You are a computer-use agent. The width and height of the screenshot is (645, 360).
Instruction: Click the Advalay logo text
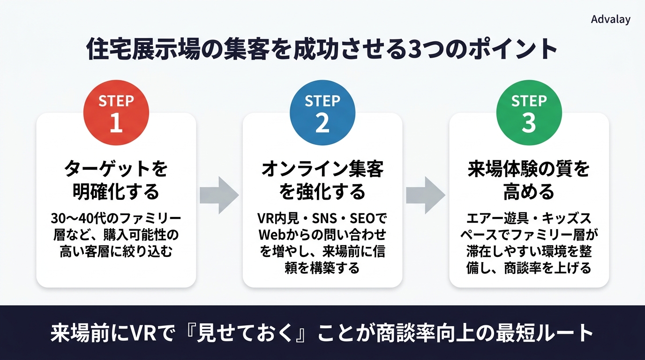click(x=611, y=20)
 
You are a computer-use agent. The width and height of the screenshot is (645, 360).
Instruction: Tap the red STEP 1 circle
click(x=116, y=112)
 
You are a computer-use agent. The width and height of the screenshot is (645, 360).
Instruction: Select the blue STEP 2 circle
click(x=322, y=112)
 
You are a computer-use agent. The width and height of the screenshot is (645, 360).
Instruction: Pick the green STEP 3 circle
click(x=529, y=112)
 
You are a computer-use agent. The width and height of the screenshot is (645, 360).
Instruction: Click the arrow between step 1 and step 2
click(x=219, y=195)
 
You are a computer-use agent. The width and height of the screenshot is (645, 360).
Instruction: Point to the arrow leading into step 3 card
click(x=426, y=195)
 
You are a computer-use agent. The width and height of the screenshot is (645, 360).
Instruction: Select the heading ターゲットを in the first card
click(x=116, y=169)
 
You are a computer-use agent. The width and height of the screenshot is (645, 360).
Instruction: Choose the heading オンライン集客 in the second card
click(x=322, y=169)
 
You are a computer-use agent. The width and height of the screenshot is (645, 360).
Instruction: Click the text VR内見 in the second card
click(x=278, y=218)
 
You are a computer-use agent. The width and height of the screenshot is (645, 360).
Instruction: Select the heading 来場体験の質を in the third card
click(x=529, y=169)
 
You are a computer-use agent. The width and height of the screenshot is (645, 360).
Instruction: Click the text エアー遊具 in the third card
click(x=497, y=218)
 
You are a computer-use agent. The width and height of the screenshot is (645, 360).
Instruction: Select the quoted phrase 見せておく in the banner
click(x=245, y=333)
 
